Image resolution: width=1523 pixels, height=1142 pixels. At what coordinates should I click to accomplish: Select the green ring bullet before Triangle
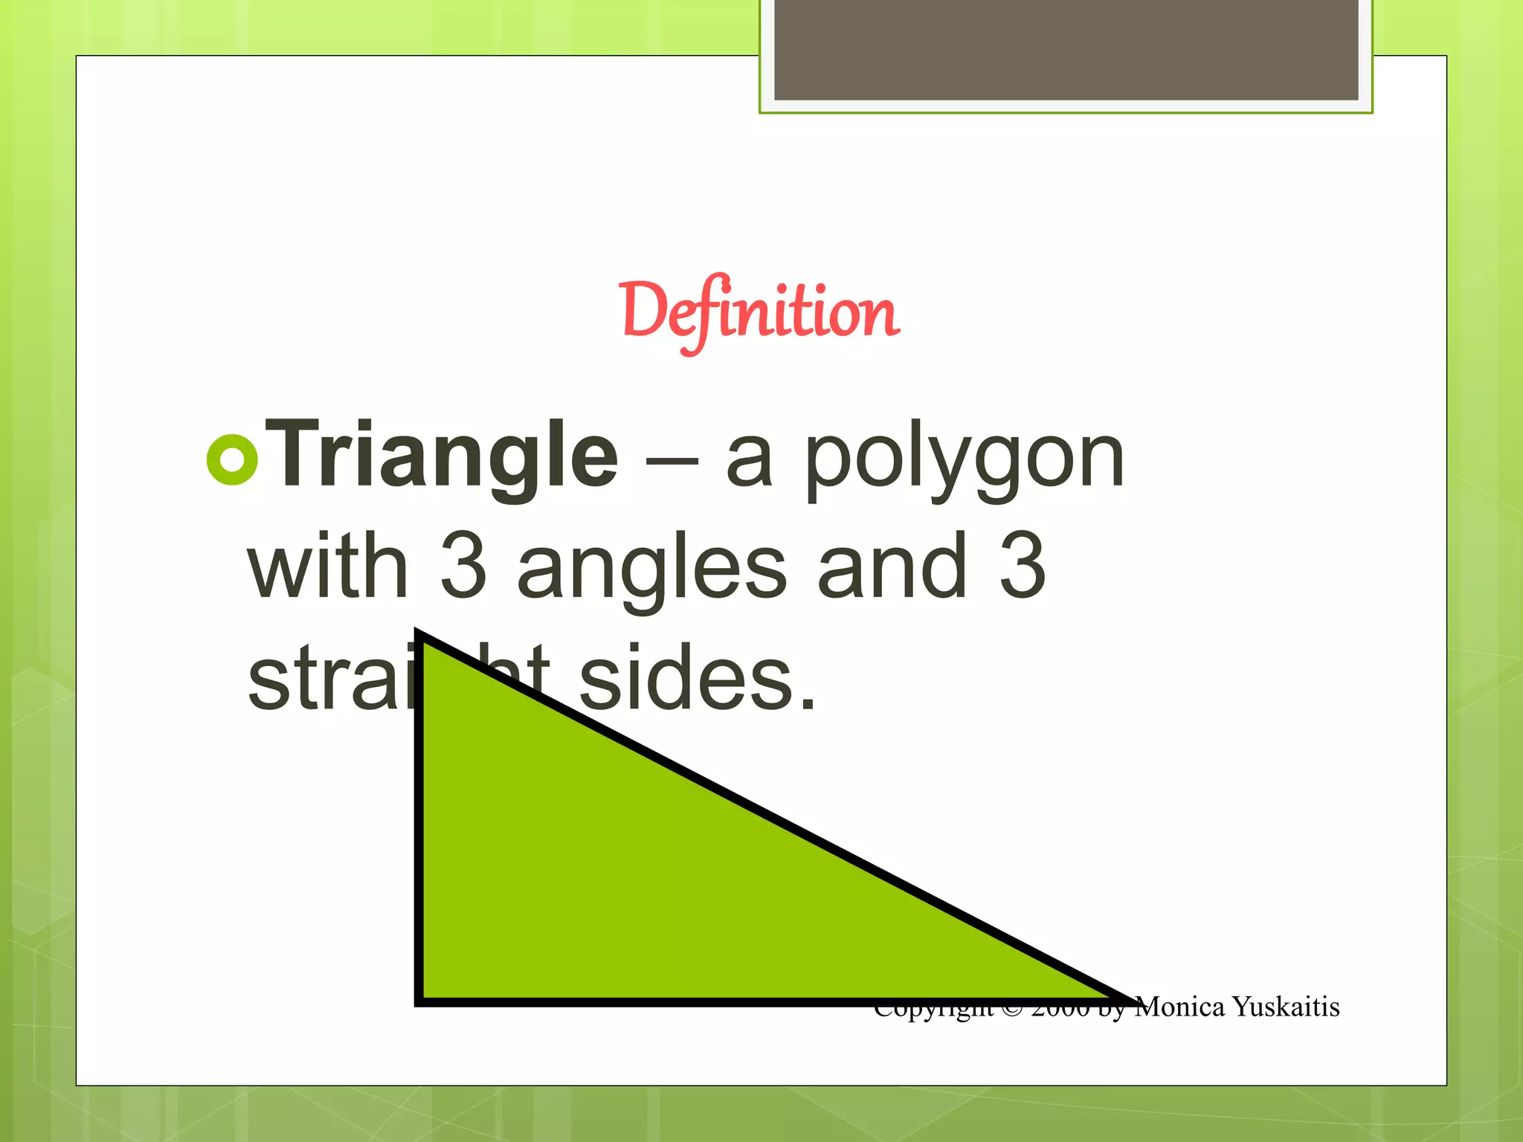coord(232,459)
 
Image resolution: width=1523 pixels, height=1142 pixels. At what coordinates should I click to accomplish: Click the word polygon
coord(964,461)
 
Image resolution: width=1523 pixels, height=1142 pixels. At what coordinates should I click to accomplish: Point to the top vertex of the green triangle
coord(419,636)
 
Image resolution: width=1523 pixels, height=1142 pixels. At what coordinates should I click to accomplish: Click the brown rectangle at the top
coord(1066,49)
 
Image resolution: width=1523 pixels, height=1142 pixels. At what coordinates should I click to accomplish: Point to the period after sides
coord(808,702)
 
